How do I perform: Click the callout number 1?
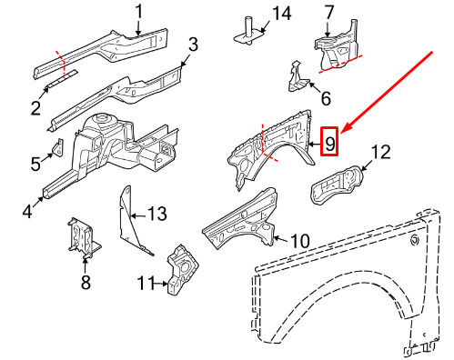(x=139, y=11)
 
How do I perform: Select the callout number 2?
(x=35, y=109)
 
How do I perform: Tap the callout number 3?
(x=193, y=44)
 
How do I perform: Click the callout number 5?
(x=35, y=164)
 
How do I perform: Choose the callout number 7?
(x=329, y=12)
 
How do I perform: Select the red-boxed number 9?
(x=330, y=143)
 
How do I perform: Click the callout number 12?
(x=380, y=151)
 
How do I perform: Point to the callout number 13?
(x=157, y=215)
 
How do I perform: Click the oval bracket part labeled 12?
(x=332, y=190)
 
